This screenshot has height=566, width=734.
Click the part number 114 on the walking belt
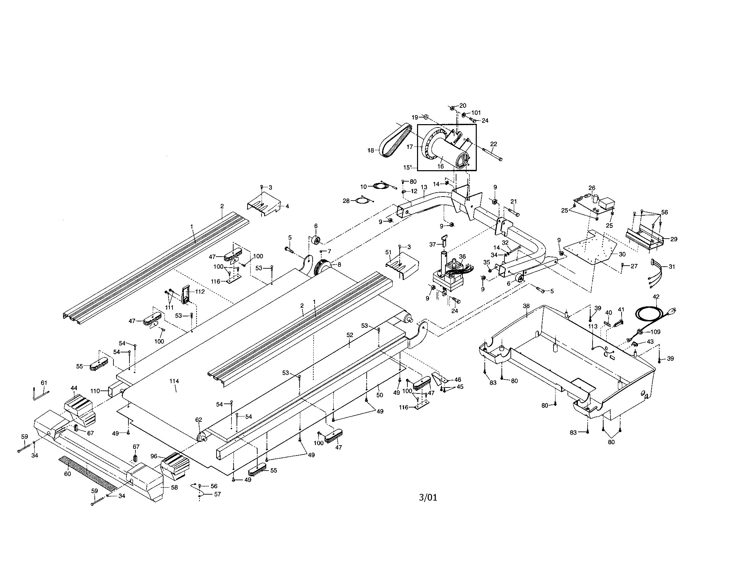coord(174,381)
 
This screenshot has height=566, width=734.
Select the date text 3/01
coord(428,498)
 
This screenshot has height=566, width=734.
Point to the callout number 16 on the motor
coord(440,166)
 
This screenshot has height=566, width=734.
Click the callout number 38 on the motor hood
coord(526,306)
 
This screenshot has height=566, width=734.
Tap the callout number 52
coord(350,335)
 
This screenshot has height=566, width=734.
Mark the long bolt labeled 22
coord(492,155)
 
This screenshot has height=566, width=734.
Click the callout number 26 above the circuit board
coord(592,188)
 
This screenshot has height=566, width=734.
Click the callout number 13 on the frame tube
coord(424,187)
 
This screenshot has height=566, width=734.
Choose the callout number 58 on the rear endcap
coord(174,487)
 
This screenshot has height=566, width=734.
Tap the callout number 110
coord(95,391)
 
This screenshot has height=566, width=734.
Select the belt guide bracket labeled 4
coord(264,203)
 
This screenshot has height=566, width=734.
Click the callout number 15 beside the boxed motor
coord(408,167)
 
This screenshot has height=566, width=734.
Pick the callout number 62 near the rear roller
coord(199,419)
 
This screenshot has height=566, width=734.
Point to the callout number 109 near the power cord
coord(655,332)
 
